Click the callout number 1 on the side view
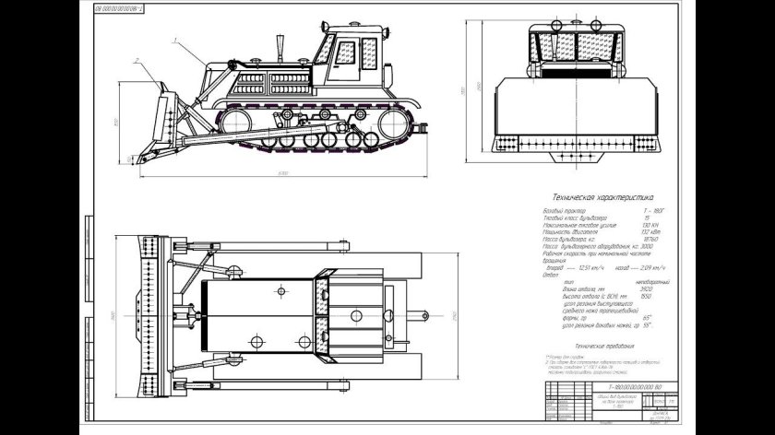173,40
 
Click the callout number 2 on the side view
135,61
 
